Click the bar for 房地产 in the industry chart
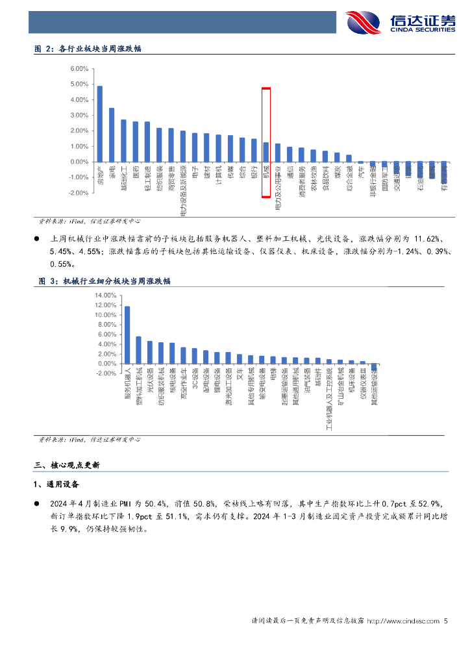100,123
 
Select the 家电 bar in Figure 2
112,134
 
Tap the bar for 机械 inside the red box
266,152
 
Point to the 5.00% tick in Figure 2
79,84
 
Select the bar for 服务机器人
127,334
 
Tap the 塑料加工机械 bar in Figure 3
138,349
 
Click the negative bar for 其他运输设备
374,367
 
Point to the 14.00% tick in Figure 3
105,295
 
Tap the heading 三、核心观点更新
71,465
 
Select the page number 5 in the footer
446,621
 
